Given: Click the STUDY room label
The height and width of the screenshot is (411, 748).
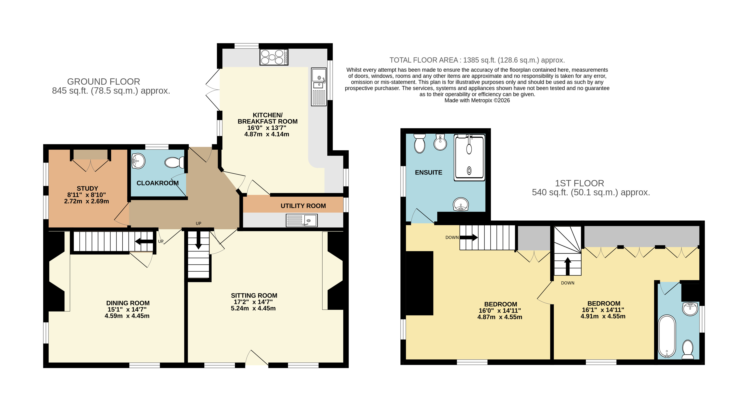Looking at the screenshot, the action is pos(87,188).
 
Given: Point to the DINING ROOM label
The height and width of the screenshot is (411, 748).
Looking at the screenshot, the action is pos(128,303).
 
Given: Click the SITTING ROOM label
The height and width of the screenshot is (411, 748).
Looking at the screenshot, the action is pos(254,295).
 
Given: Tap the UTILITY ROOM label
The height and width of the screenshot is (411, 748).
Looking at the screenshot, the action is pos(303,206).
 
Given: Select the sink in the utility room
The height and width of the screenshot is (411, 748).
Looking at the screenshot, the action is pos(302,220).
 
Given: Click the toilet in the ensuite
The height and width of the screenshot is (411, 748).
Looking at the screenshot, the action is pos(420,143).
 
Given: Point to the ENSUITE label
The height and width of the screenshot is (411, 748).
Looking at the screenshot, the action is pos(429,172).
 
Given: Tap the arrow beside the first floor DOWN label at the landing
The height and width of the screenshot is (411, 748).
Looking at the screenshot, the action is pos(469,238).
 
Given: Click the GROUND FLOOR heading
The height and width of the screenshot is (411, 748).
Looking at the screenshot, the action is pos(104,82).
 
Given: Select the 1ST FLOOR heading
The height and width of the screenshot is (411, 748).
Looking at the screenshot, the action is pos(580,183).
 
